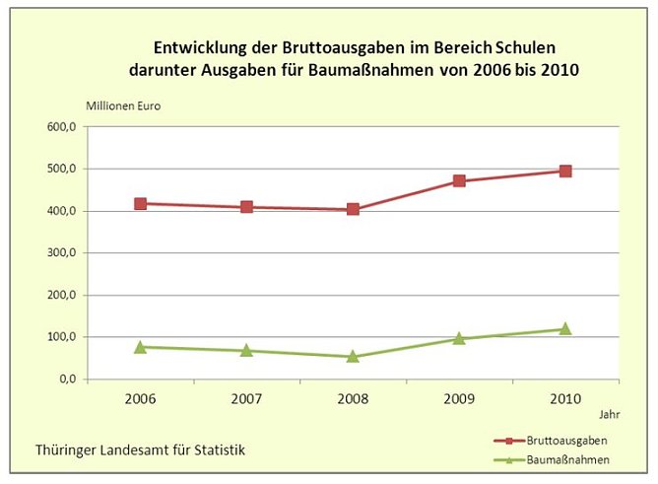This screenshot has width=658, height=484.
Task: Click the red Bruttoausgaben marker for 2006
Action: (140, 204)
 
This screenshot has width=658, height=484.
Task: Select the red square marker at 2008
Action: (353, 209)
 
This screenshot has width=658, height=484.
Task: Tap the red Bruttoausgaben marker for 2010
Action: (565, 171)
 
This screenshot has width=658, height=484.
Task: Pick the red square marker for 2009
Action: (459, 181)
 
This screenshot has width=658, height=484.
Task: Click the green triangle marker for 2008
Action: (353, 356)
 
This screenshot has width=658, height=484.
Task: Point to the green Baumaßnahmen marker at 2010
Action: (565, 328)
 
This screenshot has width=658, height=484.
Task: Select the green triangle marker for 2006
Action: (140, 346)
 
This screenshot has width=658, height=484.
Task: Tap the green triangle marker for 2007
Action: (246, 350)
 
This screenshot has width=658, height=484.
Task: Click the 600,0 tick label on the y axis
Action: (60, 127)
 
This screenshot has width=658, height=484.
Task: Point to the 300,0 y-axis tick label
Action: (60, 253)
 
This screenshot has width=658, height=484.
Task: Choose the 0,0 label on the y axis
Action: (66, 380)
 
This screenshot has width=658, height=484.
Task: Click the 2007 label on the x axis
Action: (246, 398)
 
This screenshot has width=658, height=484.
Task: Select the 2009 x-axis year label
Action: (459, 398)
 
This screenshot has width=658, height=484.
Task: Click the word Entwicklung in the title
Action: (195, 47)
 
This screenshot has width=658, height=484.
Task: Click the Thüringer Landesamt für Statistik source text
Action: (140, 449)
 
